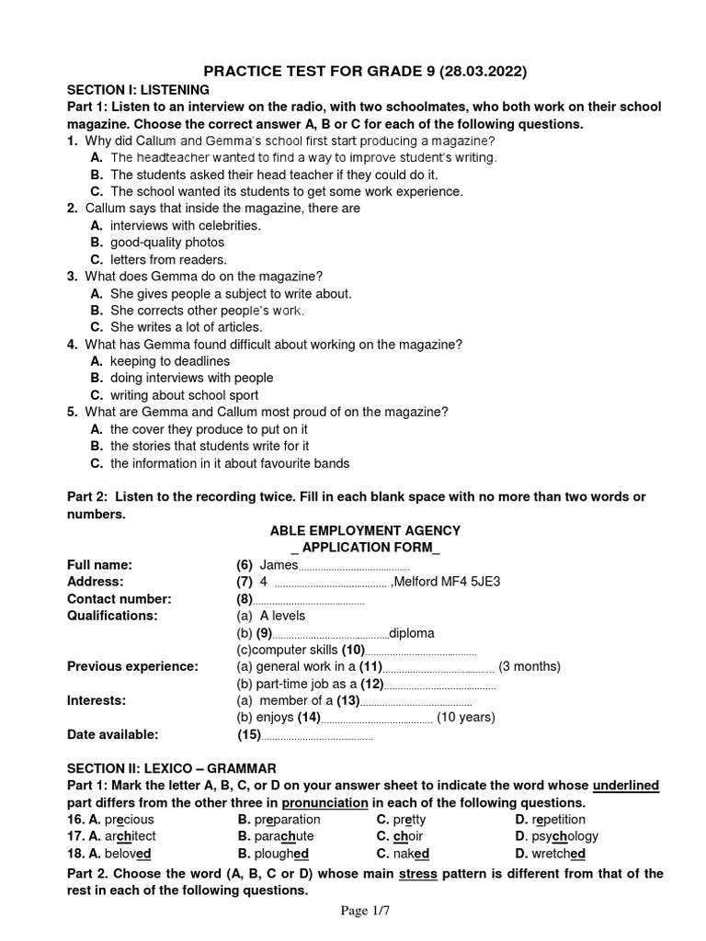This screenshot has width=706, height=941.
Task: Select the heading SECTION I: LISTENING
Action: tap(139, 90)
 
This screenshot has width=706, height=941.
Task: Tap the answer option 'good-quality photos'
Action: tap(166, 243)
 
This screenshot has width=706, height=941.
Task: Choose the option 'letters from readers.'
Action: tap(168, 260)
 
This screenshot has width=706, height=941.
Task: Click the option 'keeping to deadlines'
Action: tap(170, 361)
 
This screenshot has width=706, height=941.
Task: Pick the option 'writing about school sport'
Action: tap(184, 395)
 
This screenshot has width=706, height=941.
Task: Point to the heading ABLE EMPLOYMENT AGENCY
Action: tap(365, 531)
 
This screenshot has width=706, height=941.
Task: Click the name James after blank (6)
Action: tap(279, 565)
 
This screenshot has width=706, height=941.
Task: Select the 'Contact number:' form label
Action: tap(120, 599)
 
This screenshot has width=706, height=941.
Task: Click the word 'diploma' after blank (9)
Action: tap(412, 633)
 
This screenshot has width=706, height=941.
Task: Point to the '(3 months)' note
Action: tap(529, 666)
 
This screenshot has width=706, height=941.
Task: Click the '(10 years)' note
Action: tap(466, 718)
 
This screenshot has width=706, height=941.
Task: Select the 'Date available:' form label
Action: tap(113, 734)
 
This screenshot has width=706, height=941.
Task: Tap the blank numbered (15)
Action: tap(317, 735)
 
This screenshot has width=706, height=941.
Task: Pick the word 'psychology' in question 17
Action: tap(564, 836)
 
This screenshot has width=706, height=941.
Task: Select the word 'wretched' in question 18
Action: tap(559, 853)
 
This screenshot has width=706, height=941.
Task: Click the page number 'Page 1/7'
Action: tap(365, 911)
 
